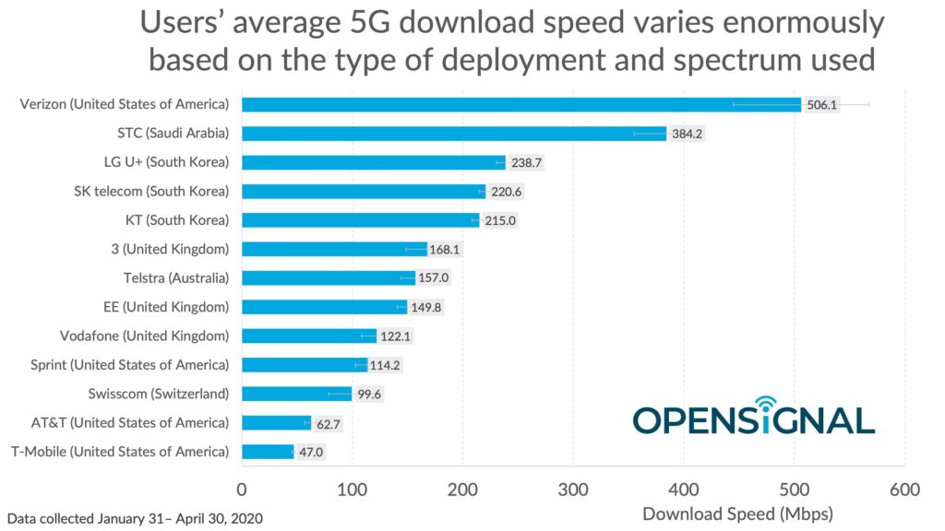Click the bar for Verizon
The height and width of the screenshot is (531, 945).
[x=520, y=104]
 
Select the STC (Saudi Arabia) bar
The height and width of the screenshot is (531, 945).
[x=453, y=134]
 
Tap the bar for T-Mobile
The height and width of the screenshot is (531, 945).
[x=268, y=452]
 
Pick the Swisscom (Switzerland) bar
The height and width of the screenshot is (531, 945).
[x=296, y=394]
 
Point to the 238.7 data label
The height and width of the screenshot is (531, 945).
[x=526, y=162]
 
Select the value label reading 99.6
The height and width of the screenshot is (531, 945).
[x=371, y=394]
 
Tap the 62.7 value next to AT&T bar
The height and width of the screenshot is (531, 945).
[x=330, y=423]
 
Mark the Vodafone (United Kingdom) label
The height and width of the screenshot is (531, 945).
[x=144, y=336]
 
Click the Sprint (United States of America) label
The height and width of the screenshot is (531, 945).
[x=129, y=364]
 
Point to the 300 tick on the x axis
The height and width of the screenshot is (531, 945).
[x=573, y=489]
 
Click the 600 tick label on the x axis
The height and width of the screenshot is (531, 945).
[x=904, y=489]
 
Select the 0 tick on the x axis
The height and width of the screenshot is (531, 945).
[x=242, y=489]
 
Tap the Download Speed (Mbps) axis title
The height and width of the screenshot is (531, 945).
[x=737, y=513]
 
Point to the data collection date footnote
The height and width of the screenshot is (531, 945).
[x=135, y=518]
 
